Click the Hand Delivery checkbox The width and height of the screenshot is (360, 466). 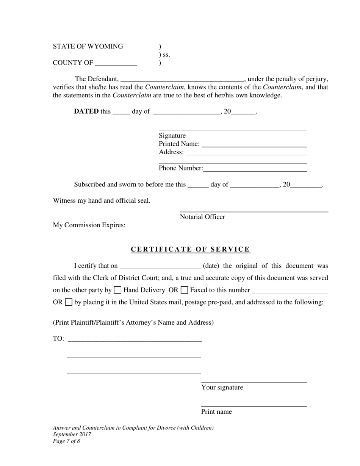coord(117,290)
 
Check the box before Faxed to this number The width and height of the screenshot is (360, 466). coord(185,290)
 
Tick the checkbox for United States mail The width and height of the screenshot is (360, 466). coord(69,302)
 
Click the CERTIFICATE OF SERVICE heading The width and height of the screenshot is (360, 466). coord(190,249)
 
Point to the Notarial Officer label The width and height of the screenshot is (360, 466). coord(202,217)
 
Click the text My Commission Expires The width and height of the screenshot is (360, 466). coord(89,225)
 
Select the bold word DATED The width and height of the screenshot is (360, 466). coord(86,111)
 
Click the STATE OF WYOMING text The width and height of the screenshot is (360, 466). coord(88,47)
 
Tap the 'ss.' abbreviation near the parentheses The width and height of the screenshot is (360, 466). coord(166,55)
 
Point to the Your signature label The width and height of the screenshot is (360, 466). coord(222,387)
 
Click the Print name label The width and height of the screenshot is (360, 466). coord(216,412)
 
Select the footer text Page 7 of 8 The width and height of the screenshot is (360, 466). coord(66,441)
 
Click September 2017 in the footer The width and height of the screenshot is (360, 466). coord(72,435)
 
